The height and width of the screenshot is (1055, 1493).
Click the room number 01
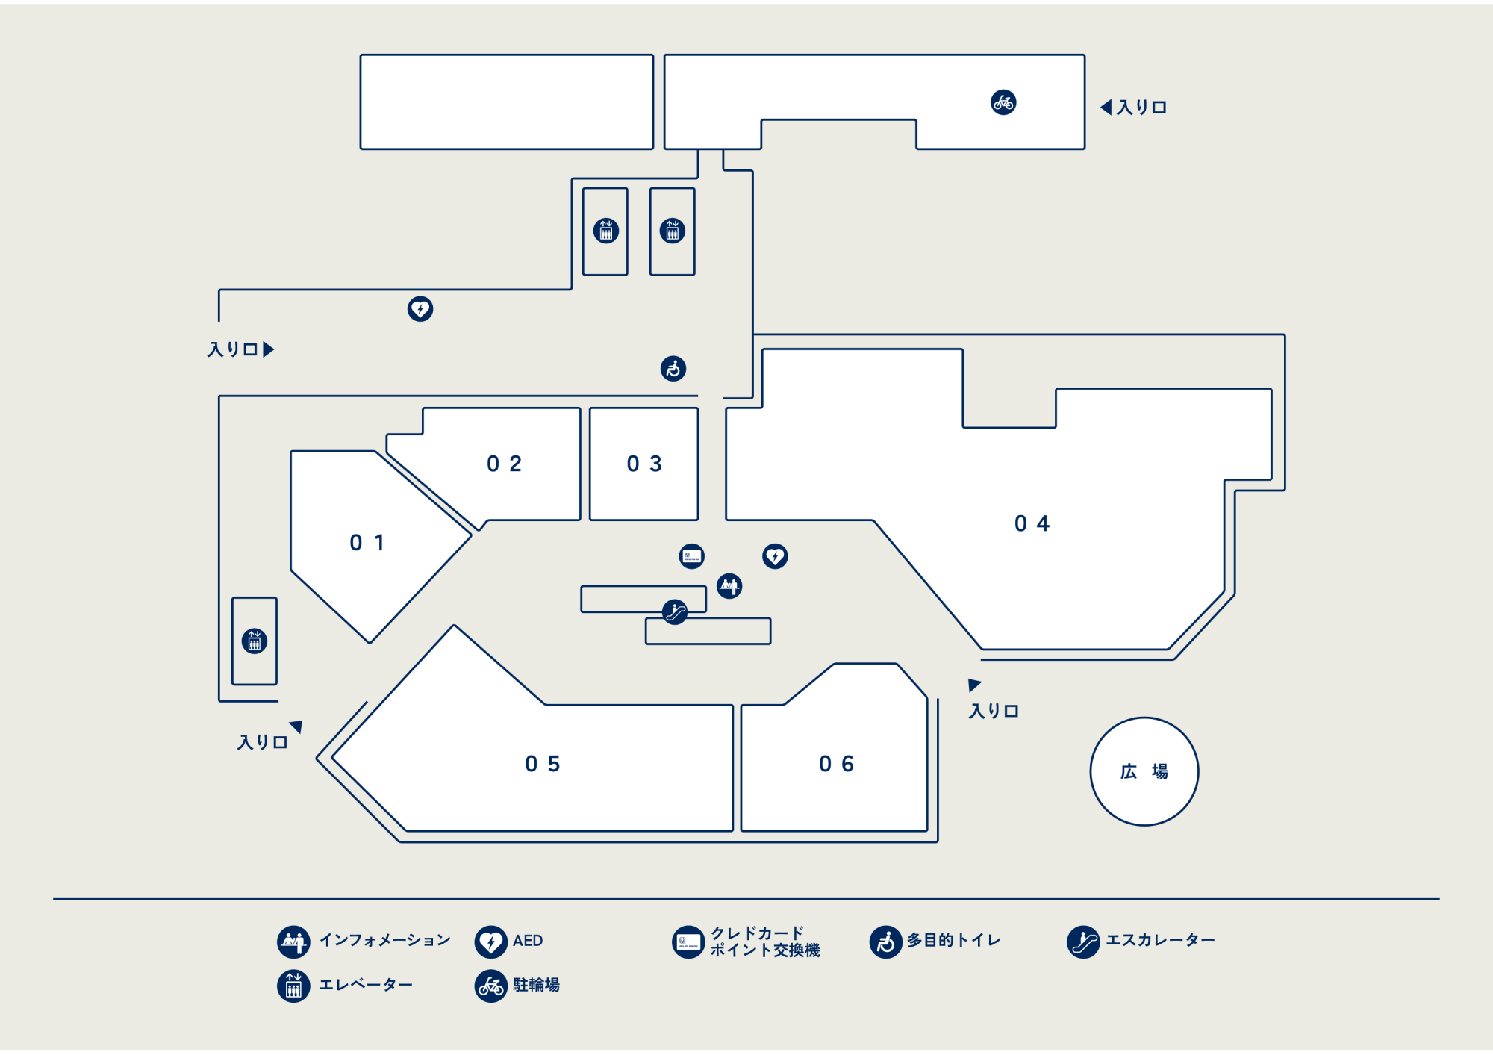pos(367,543)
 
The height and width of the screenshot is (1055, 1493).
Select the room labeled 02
pos(504,464)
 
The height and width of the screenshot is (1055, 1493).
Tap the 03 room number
pos(644,464)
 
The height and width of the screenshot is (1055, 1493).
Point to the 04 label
pos(1032,523)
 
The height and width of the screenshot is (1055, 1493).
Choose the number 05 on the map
pos(542,764)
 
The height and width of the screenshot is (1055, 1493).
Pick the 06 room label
pos(836,764)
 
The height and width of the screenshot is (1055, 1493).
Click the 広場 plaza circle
pos(1144,771)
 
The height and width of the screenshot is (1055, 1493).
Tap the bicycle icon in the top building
pos(1003,102)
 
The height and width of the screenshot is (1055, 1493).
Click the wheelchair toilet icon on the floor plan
pos(673,368)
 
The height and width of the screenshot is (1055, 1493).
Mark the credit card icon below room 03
pos(691,556)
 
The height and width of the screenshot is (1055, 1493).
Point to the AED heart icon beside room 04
pos(775,556)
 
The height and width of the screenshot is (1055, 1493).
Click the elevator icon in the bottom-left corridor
pos(255,641)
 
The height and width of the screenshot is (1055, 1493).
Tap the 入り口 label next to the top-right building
pos(1141,108)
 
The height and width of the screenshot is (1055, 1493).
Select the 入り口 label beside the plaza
pos(994,711)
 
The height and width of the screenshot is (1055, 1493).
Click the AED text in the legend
pos(528,941)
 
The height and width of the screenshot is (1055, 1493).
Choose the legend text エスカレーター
pos(1160,940)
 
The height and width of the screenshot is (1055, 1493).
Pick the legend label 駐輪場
pos(536,985)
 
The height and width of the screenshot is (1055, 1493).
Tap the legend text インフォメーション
pos(385,940)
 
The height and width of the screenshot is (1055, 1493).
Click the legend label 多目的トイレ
pos(953,940)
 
